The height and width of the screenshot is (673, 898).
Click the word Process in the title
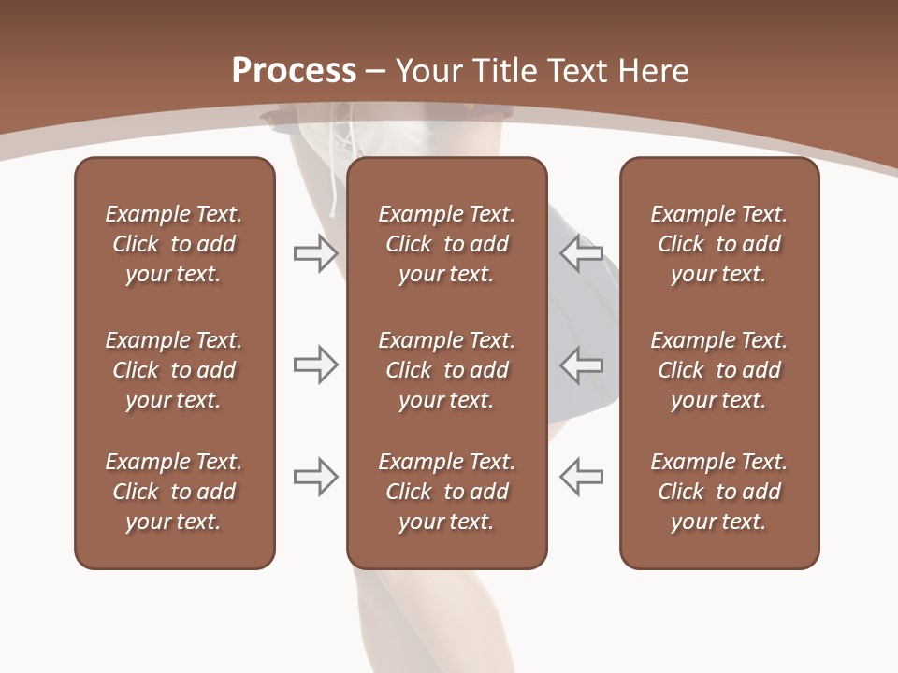[x=294, y=71]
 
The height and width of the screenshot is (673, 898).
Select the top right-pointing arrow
[x=315, y=253]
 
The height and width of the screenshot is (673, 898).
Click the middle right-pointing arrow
[x=315, y=365]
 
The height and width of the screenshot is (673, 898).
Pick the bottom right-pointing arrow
[x=315, y=476]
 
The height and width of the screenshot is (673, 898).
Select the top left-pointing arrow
[x=582, y=253]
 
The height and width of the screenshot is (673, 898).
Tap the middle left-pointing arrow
[x=582, y=365]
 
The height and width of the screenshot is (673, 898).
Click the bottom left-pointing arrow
[x=582, y=476]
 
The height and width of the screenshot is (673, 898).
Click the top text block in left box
[x=174, y=244]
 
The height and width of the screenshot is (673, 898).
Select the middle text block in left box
[x=174, y=370]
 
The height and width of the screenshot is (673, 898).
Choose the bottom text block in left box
[x=174, y=492]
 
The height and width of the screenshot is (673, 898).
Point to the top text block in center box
[x=446, y=244]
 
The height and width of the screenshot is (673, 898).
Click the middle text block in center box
[x=446, y=370]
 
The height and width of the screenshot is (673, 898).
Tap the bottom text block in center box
[x=446, y=492]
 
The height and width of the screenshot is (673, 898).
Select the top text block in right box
[x=718, y=244]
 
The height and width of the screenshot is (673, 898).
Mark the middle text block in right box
[x=718, y=370]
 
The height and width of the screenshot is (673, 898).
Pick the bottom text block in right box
[x=718, y=492]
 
